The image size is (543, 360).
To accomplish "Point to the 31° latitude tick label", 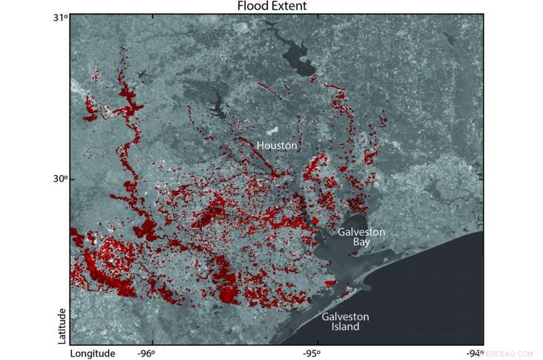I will [60, 18].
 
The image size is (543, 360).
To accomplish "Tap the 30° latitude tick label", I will [60, 179].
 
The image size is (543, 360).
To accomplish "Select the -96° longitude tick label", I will [147, 353].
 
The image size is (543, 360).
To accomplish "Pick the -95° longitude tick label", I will [311, 353].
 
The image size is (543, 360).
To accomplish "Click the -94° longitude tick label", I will [474, 353].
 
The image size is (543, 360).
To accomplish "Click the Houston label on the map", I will [276, 146].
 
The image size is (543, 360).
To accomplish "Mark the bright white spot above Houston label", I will [273, 130].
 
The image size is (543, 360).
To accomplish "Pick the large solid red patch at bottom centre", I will [229, 294].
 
